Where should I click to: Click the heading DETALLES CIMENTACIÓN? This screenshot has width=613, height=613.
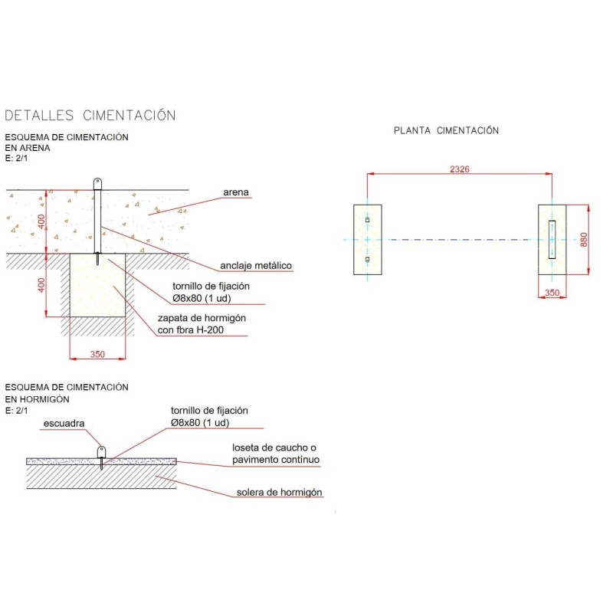coord(90,116)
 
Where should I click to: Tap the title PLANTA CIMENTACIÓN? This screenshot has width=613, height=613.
coord(446,130)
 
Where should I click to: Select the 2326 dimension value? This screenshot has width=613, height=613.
coord(459,169)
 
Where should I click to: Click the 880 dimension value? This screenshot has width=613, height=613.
coord(583,239)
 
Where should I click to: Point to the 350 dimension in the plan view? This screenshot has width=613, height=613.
coord(552,293)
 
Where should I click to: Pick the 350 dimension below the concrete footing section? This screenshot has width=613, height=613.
coord(97,354)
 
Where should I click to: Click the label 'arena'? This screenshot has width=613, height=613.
coord(236,192)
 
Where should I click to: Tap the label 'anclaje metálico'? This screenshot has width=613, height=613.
coord(256,266)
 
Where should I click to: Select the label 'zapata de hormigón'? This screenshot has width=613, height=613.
coord(202,318)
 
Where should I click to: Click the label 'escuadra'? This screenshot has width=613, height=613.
coord(64,424)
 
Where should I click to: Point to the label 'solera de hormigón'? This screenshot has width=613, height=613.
coord(279,493)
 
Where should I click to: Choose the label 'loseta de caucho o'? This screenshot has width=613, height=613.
coord(274,447)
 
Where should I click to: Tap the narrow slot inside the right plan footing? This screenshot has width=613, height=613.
coord(552,239)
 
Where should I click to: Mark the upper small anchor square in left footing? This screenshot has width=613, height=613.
coord(368,220)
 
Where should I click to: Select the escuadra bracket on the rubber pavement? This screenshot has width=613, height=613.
coord(101,452)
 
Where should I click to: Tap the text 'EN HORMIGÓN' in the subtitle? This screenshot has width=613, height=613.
coord(37,399)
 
